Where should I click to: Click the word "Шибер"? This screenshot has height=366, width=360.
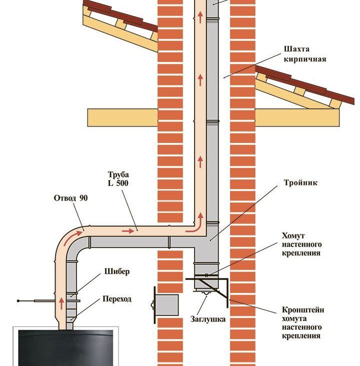pyautogui.click(x=117, y=272)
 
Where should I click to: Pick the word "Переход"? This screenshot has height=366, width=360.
pyautogui.click(x=116, y=299)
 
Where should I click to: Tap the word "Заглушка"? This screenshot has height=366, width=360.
pyautogui.click(x=207, y=318)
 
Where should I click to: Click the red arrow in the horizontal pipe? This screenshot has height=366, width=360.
pyautogui.click(x=129, y=231)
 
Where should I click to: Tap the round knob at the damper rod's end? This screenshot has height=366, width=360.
pyautogui.click(x=19, y=300)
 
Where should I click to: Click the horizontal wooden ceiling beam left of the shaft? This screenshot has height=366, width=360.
pyautogui.click(x=122, y=117)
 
